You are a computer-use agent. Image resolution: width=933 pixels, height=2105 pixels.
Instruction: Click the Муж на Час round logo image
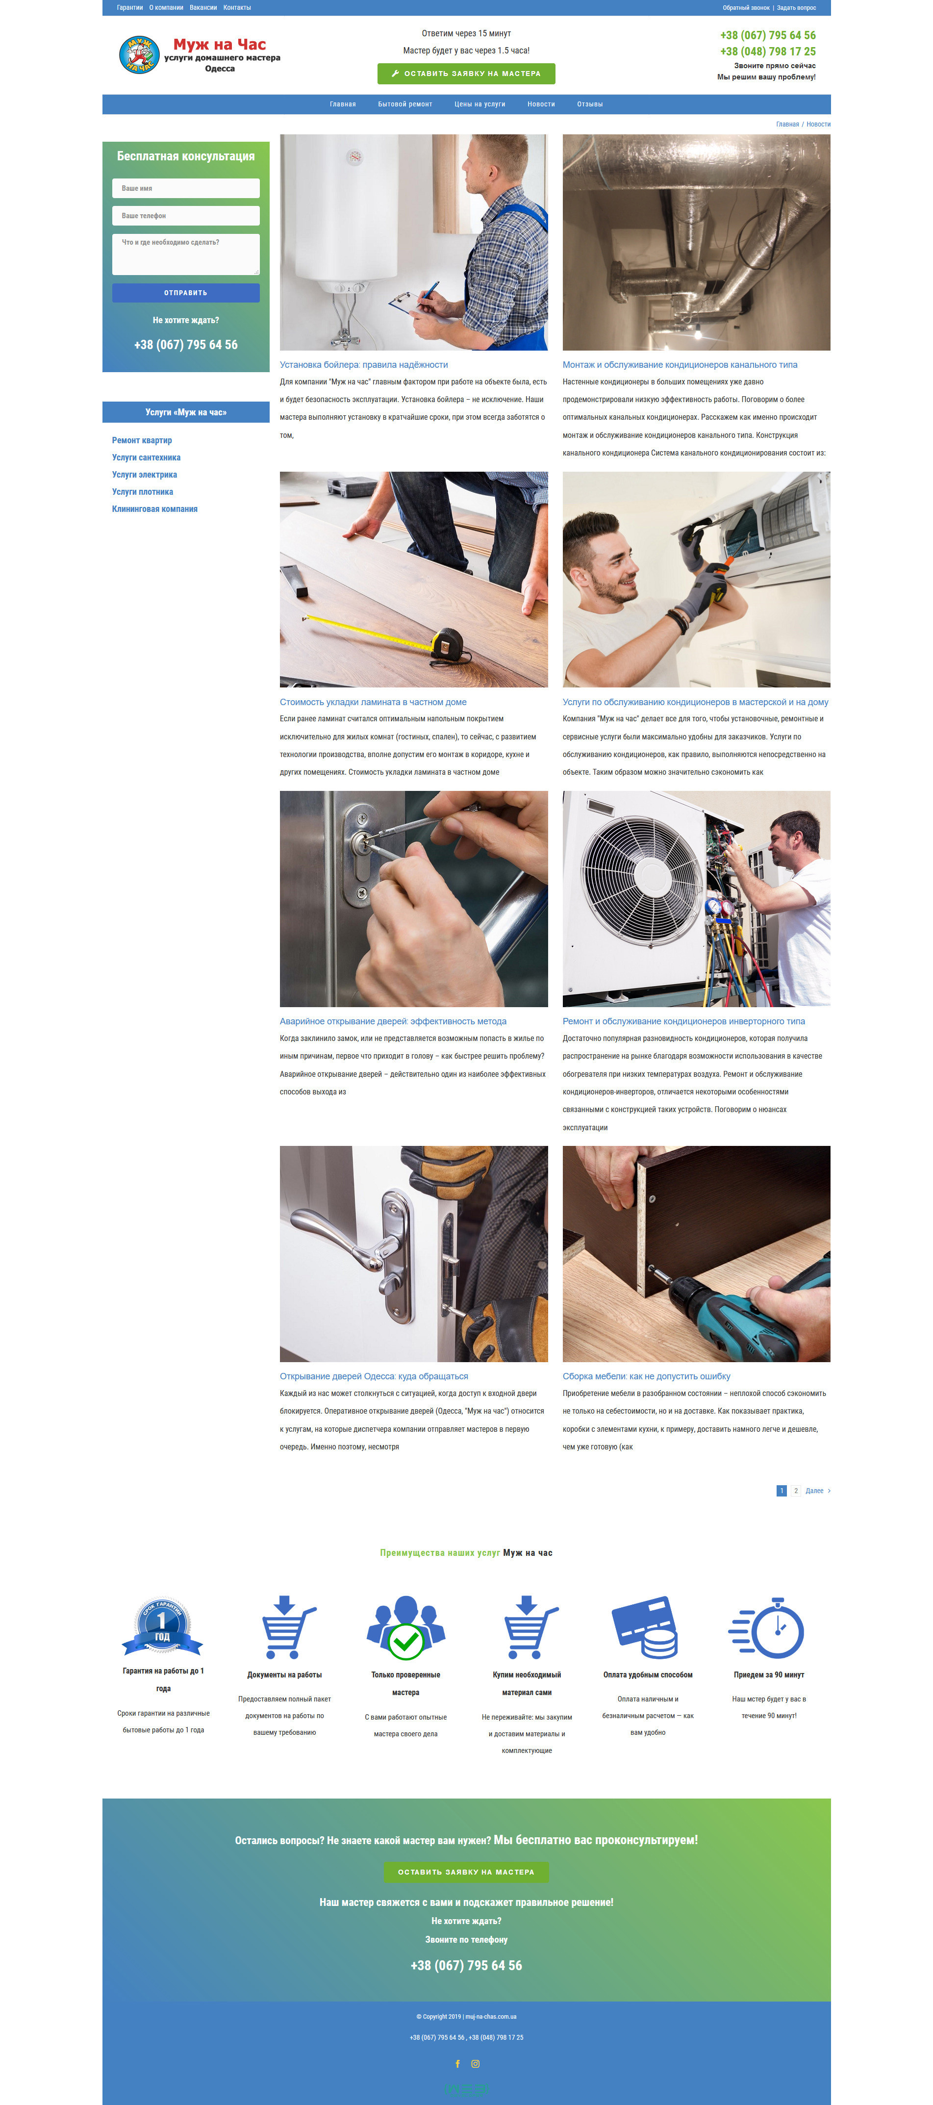(139, 55)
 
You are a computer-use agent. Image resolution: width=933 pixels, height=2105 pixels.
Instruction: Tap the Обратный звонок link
(746, 7)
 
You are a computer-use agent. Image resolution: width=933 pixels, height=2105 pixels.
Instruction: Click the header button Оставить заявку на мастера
(466, 74)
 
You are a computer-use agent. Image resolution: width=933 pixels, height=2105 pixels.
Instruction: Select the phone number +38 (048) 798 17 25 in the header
(767, 51)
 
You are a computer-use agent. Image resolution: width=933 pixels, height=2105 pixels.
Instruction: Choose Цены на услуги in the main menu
(479, 104)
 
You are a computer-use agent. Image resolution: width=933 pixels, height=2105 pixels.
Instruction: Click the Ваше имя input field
(185, 188)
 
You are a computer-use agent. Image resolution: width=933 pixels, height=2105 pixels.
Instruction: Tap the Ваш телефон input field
(185, 216)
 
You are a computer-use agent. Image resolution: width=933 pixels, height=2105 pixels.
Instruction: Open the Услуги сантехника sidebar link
(146, 457)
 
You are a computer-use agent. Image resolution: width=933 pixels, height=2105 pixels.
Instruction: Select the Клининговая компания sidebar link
(154, 509)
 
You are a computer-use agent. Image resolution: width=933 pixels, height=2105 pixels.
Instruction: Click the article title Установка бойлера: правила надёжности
(364, 364)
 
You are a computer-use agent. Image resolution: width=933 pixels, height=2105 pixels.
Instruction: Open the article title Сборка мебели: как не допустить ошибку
(646, 1376)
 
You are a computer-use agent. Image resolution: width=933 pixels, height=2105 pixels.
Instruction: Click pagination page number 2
(796, 1491)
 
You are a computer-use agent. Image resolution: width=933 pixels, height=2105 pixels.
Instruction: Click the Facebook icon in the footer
(457, 2063)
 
